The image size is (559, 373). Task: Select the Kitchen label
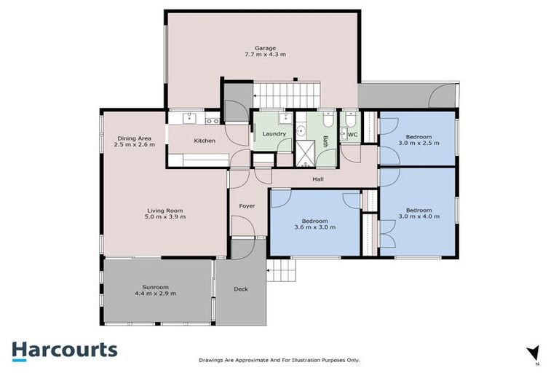click(x=205, y=140)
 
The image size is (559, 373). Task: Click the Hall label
click(x=317, y=178)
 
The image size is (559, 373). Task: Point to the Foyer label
click(x=247, y=206)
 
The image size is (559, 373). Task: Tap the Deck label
click(x=240, y=289)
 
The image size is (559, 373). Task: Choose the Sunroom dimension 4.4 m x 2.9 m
click(x=155, y=293)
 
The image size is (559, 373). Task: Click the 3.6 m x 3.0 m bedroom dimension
click(x=315, y=227)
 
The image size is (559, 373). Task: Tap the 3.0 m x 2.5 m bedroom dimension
click(x=419, y=144)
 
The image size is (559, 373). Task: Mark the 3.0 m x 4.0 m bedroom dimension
click(x=419, y=216)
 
